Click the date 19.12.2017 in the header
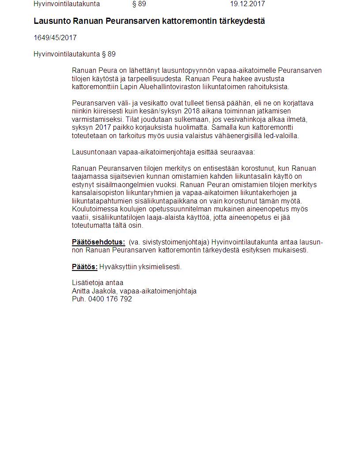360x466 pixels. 247,4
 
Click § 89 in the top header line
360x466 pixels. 139,4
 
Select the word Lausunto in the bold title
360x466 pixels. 52,21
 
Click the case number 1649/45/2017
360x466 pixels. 55,38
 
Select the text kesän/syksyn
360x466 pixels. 154,111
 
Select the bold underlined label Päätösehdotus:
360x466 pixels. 98,242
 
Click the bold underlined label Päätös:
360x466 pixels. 85,267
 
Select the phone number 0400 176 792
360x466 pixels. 110,299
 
